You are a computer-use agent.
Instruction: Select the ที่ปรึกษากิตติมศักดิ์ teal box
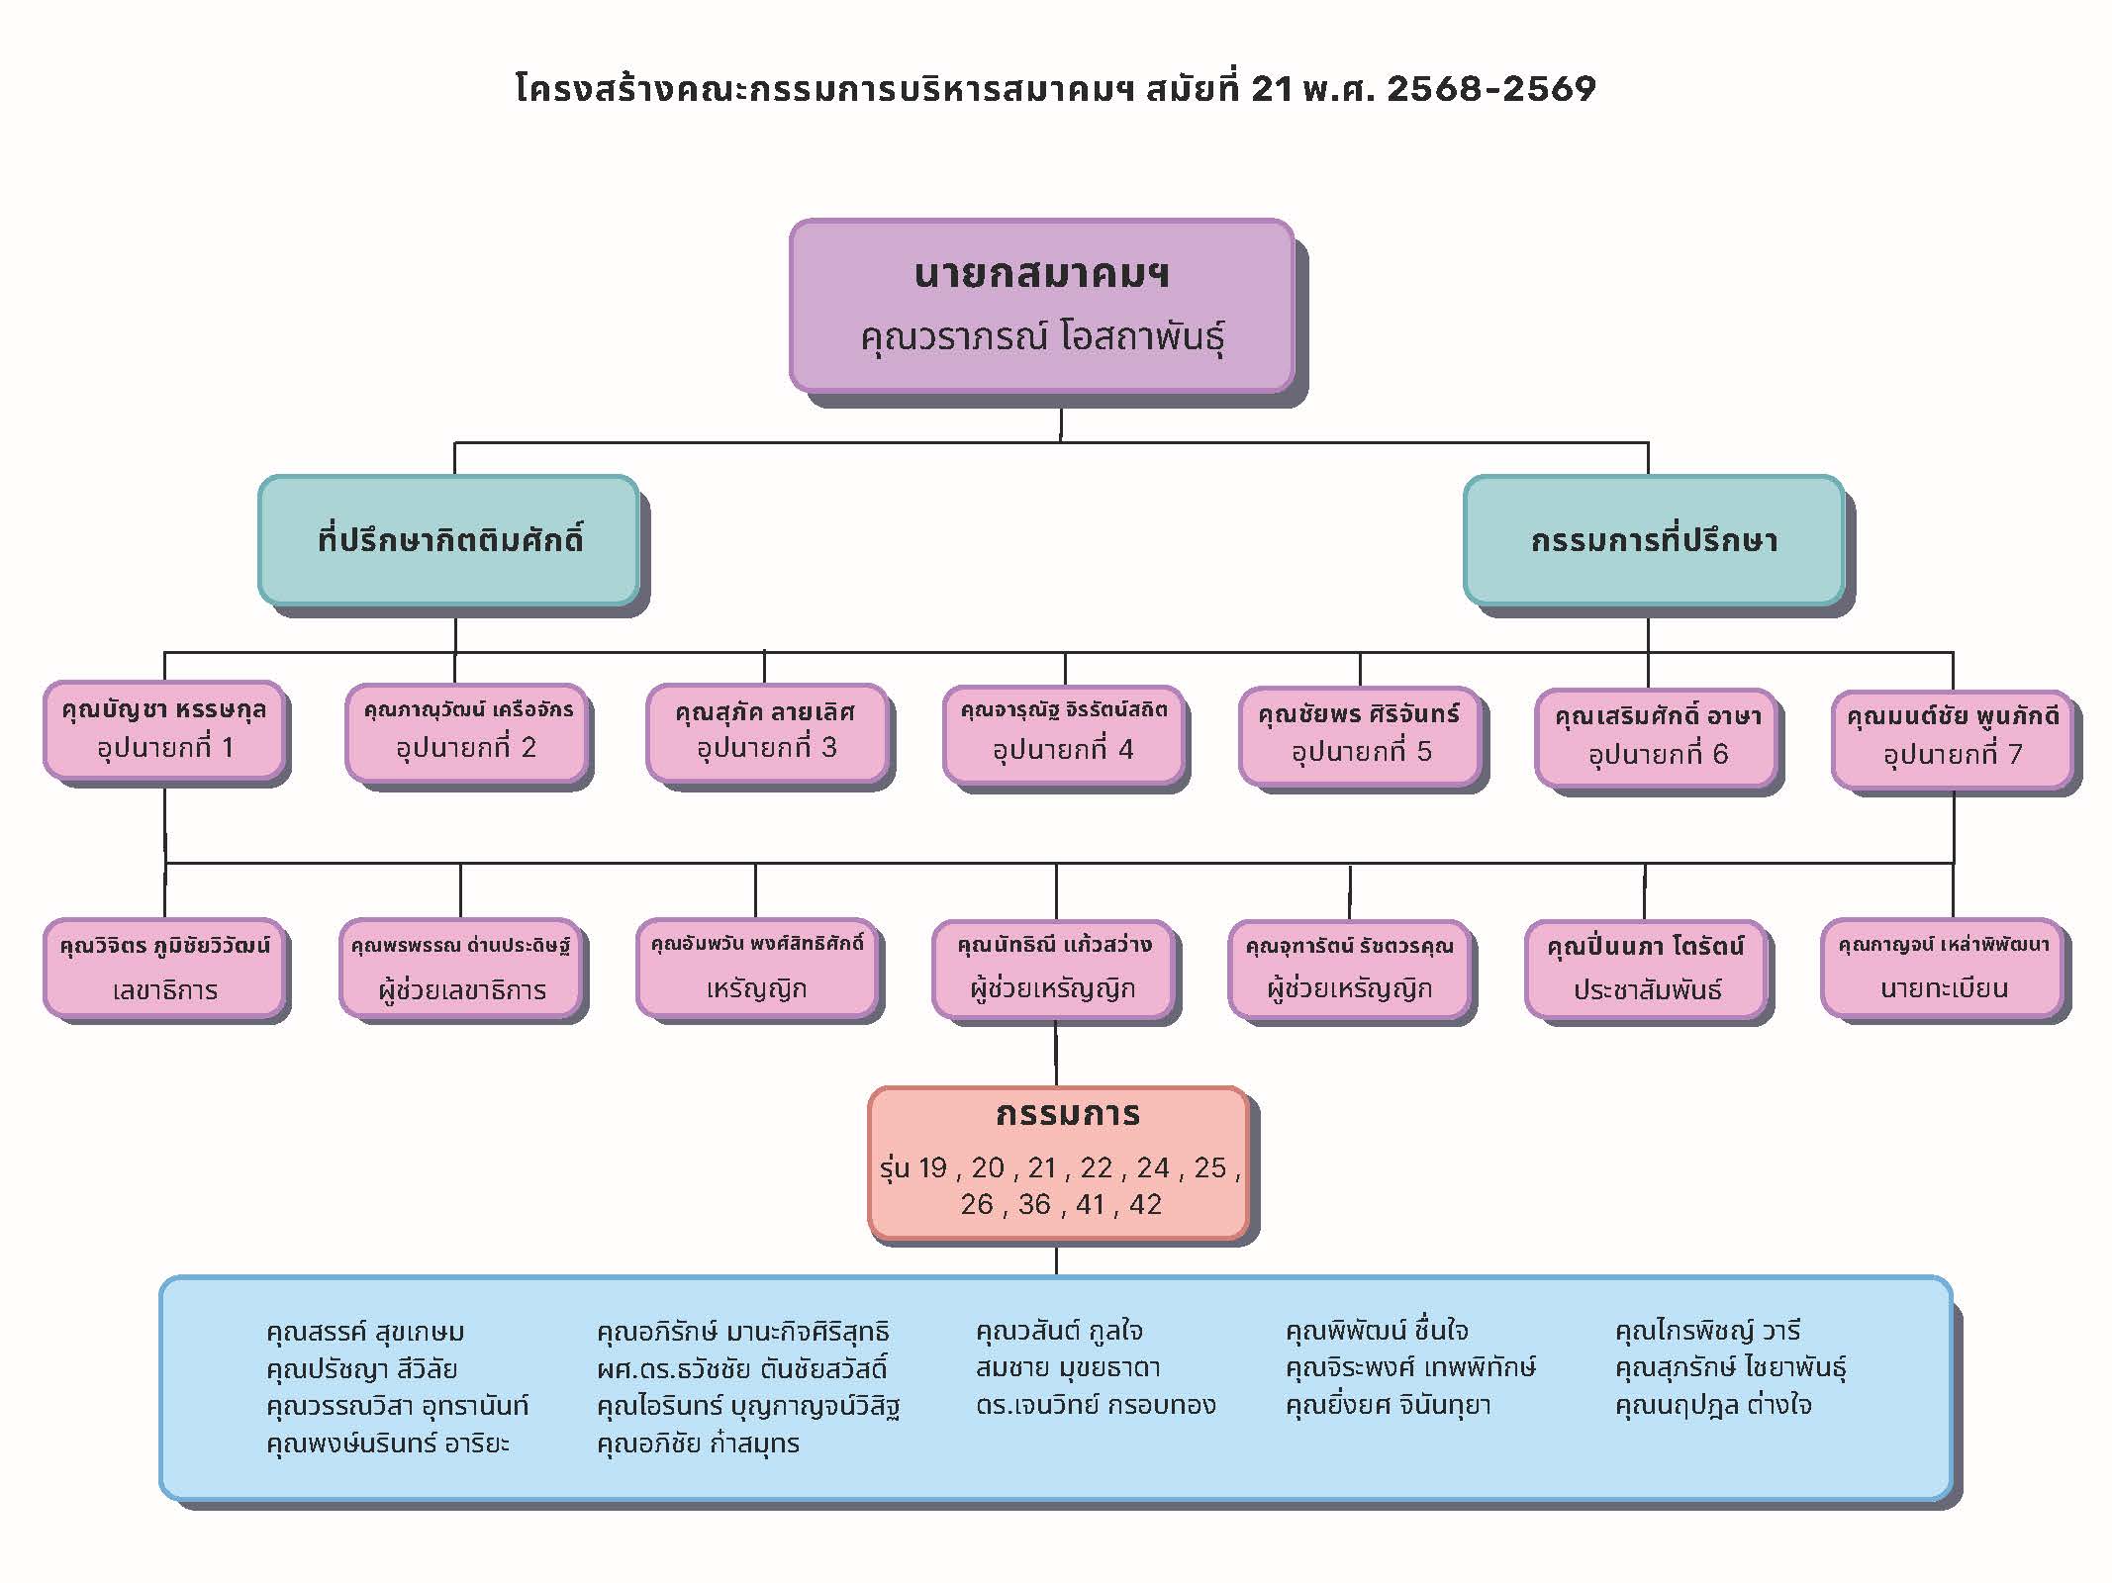[x=448, y=540]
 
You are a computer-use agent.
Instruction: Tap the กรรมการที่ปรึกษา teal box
[x=1653, y=540]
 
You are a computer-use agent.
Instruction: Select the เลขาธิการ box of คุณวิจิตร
[x=164, y=969]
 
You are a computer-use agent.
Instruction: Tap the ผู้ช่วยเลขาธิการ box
[x=460, y=969]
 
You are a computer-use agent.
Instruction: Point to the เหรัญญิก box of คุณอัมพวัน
[x=756, y=969]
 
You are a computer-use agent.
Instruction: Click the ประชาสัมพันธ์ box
[x=1646, y=971]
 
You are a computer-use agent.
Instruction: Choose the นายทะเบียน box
[x=1944, y=969]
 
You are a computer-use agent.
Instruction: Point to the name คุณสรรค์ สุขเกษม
[x=365, y=1332]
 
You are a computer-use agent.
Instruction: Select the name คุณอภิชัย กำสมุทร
[x=698, y=1443]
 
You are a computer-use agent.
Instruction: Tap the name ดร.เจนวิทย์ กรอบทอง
[x=1095, y=1405]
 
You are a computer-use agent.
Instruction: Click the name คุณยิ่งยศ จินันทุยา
[x=1388, y=1405]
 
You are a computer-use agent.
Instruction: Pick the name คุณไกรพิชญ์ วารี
[x=1707, y=1331]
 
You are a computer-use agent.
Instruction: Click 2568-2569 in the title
[x=1490, y=89]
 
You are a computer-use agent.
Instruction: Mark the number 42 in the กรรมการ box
[x=1145, y=1204]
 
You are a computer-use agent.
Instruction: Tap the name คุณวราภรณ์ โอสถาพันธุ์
[x=1041, y=337]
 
